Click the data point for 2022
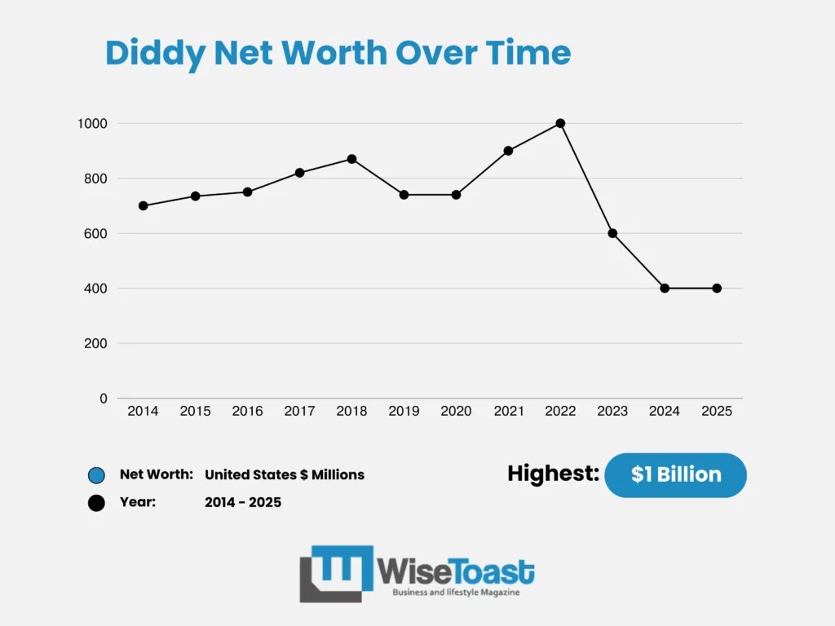coord(560,123)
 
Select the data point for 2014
coord(144,205)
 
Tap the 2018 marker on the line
coord(351,159)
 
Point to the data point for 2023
coord(612,233)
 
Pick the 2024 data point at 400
coord(665,288)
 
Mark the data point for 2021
coord(508,151)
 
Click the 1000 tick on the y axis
coord(92,123)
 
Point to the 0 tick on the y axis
coord(103,399)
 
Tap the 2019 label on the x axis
coord(404,412)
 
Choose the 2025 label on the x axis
coord(717,412)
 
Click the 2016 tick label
coord(247,412)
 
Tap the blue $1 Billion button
coord(675,474)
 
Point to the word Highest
coord(553,474)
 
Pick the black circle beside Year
coord(96,503)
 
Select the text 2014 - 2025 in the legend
coord(243,502)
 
